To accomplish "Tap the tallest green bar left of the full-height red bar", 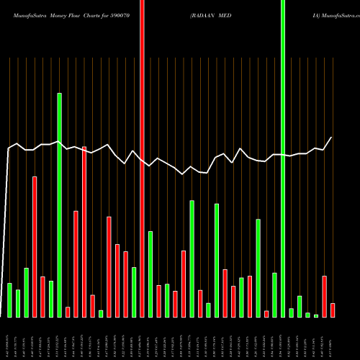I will pyautogui.click(x=60, y=205).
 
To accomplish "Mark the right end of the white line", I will pyautogui.click(x=332, y=137).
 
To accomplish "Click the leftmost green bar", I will pyautogui.click(x=10, y=300).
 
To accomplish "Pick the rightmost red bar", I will pyautogui.click(x=333, y=310).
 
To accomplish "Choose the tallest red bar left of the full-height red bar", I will pyautogui.click(x=84, y=231).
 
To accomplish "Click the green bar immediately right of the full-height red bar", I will pyautogui.click(x=150, y=274).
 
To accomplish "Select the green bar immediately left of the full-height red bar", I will pyautogui.click(x=134, y=292).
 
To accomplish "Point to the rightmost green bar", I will pyautogui.click(x=316, y=315).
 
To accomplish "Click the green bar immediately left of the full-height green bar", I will pyautogui.click(x=274, y=294).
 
